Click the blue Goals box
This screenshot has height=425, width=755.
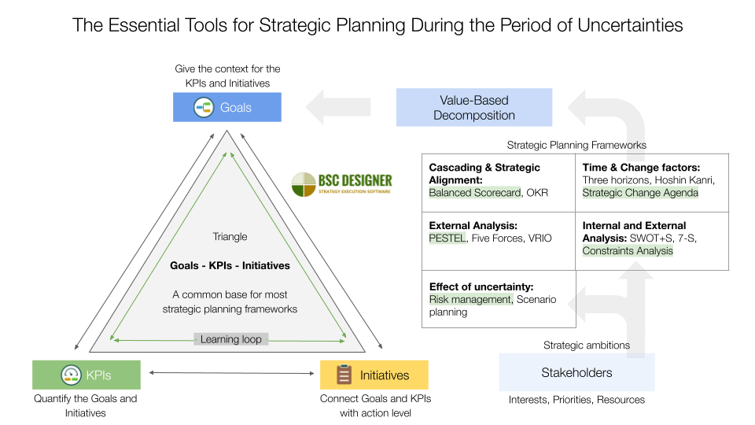pyautogui.click(x=227, y=107)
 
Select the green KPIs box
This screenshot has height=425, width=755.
pyautogui.click(x=87, y=375)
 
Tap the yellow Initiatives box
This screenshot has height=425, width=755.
pyautogui.click(x=374, y=375)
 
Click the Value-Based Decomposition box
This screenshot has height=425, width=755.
pyautogui.click(x=474, y=108)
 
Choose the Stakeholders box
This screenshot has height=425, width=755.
pyautogui.click(x=576, y=372)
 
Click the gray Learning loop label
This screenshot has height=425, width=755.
pyautogui.click(x=231, y=339)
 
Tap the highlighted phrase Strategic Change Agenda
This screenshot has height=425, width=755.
pyautogui.click(x=640, y=193)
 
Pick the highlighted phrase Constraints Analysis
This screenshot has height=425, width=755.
pyautogui.click(x=628, y=250)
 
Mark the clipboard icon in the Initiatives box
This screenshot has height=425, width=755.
pyautogui.click(x=344, y=375)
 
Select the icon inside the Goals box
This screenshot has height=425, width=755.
pyautogui.click(x=204, y=107)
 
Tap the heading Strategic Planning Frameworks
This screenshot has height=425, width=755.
pyautogui.click(x=576, y=145)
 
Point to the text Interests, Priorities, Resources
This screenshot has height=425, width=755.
pyautogui.click(x=576, y=400)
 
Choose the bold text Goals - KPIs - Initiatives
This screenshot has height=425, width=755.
pyautogui.click(x=230, y=266)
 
